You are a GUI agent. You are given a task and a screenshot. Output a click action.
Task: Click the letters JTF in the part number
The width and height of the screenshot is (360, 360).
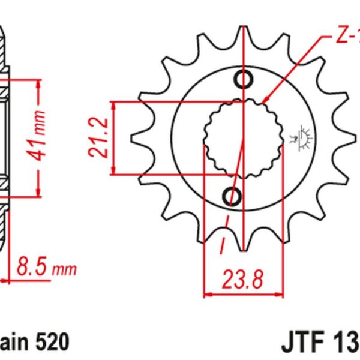[x=300, y=343]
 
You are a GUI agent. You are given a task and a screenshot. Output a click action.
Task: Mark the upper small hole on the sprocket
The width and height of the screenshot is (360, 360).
[x=244, y=78]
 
